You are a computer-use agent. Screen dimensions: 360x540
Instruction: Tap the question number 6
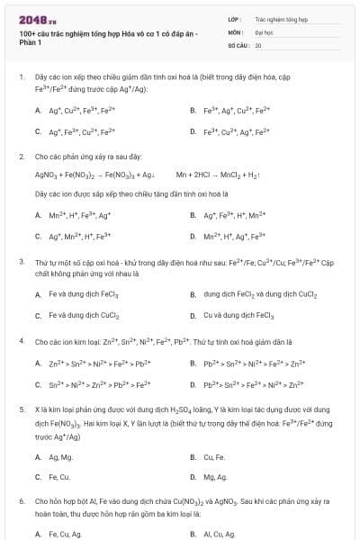click(21, 500)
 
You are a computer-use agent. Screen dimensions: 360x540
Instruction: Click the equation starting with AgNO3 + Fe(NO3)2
click(94, 175)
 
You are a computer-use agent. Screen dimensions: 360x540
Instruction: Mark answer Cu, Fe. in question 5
click(214, 455)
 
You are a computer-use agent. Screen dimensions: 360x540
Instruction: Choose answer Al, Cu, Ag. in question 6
click(220, 534)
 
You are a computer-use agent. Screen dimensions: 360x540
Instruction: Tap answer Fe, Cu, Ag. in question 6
click(65, 534)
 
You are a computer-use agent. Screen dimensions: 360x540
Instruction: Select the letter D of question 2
click(193, 236)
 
